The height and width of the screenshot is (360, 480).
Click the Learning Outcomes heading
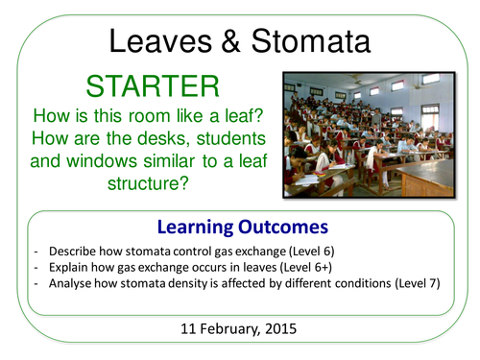coord(239,228)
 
